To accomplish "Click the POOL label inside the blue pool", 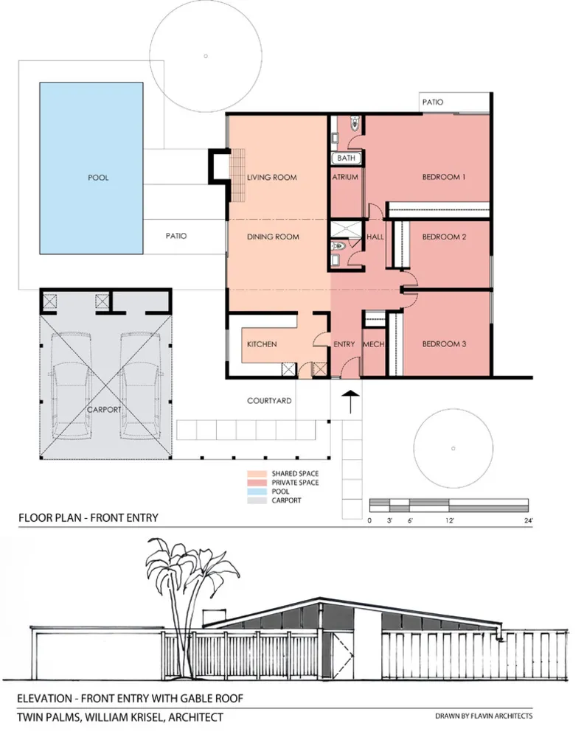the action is pos(98,178).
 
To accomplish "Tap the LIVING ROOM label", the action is pos(272,177).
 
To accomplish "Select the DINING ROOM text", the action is pos(273,237).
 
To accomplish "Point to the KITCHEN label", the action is pos(262,344).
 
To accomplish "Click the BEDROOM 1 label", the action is pos(444,177).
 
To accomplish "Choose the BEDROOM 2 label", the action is pos(444,237).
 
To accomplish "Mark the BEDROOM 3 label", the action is pos(444,344).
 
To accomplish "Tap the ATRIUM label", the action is pos(345,177).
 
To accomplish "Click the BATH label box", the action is pos(347,158).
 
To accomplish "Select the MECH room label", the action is pos(374,344).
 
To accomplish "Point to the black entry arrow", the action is pos(350,402).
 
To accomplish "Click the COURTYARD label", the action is pos(269,401).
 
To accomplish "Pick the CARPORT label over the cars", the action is pos(104,410).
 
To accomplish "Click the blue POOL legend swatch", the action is pos(257,492).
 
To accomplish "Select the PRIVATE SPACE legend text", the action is pos(295,483).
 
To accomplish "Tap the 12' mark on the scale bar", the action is pos(450,520).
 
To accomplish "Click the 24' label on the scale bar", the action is pos(529,520).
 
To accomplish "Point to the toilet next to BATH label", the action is pos(355,124).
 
